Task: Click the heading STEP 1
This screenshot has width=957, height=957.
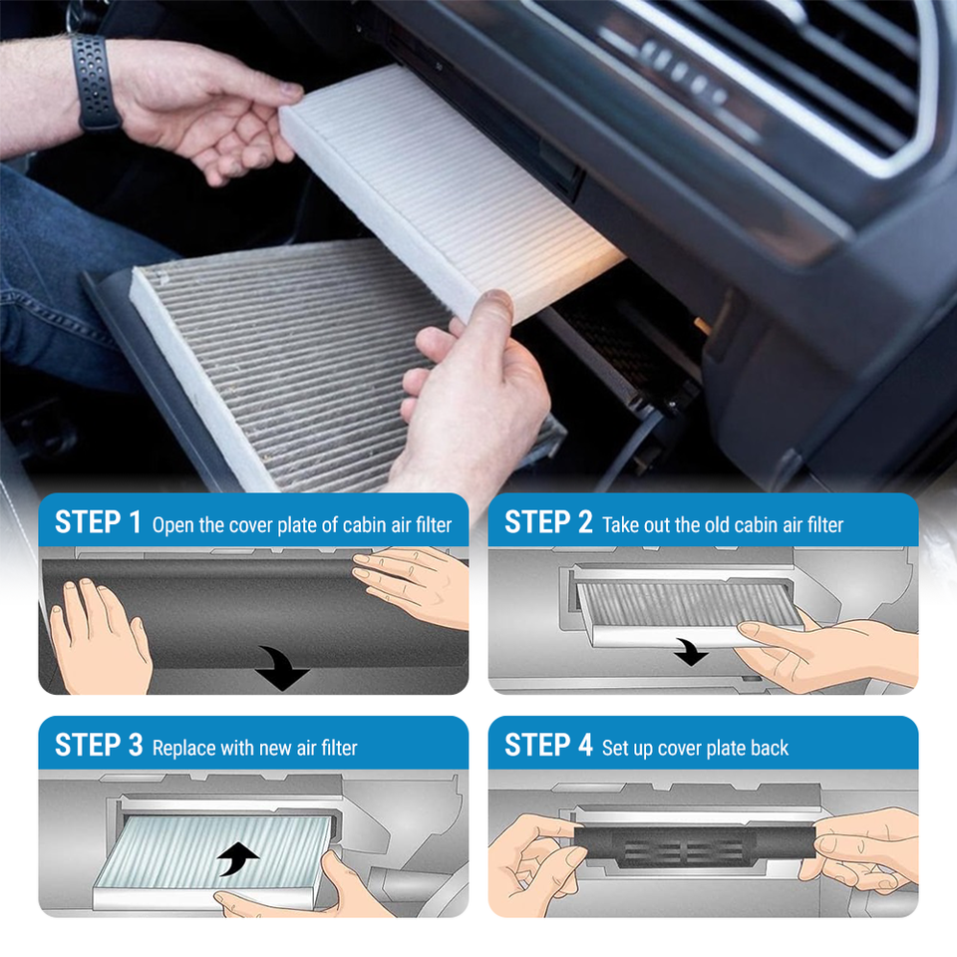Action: point(98,522)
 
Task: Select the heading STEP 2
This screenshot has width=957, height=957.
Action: point(548,522)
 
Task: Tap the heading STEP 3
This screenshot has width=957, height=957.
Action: point(99,746)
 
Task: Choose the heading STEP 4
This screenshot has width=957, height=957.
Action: point(548,746)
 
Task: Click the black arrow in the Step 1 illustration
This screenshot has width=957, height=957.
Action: point(282,668)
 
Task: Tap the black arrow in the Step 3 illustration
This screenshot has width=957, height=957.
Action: point(238,858)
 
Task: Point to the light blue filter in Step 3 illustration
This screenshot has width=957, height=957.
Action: point(213,852)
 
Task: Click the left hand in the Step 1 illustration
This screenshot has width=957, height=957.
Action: point(101,638)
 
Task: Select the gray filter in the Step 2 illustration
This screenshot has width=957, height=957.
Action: point(690,604)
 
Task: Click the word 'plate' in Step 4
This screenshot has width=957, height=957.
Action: point(721,749)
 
